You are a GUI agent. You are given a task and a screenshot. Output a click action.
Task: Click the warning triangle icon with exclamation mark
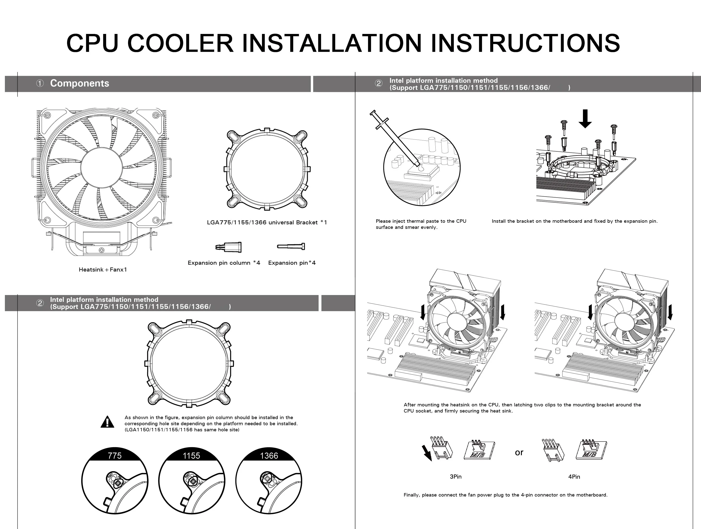(x=107, y=422)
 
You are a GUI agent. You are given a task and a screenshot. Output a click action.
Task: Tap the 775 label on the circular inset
(x=115, y=456)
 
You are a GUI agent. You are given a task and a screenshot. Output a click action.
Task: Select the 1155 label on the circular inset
(x=191, y=456)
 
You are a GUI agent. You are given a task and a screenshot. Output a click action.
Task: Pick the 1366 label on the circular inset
(x=269, y=456)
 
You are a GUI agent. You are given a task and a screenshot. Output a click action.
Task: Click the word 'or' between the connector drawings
(x=519, y=453)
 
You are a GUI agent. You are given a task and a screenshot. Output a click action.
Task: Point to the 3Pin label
(x=456, y=477)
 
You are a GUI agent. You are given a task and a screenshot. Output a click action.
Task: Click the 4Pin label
(x=574, y=477)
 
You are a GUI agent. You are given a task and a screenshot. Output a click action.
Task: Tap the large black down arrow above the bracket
(x=585, y=119)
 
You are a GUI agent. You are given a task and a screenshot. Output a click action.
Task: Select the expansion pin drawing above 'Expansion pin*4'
(x=291, y=246)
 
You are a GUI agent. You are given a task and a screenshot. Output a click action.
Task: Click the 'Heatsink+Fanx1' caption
(x=103, y=270)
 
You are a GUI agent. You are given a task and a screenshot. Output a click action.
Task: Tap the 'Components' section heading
(x=80, y=83)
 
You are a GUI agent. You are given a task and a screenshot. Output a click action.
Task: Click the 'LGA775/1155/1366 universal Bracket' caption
(x=262, y=222)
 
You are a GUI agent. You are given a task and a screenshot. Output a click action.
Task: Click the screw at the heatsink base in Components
(x=101, y=250)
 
